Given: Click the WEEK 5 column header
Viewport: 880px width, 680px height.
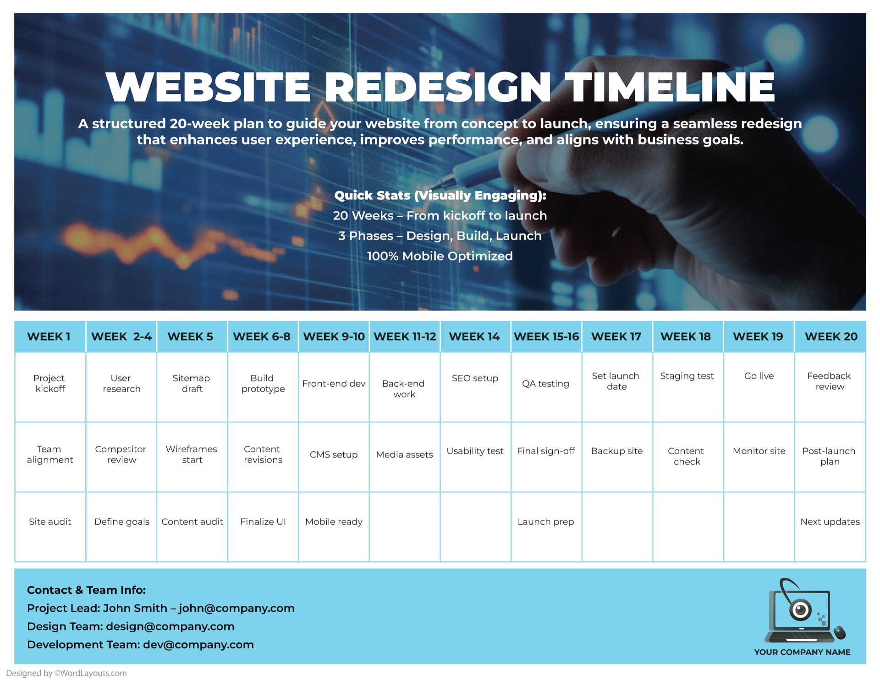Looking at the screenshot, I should click(x=190, y=337).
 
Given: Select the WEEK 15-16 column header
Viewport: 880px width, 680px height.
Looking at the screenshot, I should click(x=546, y=337).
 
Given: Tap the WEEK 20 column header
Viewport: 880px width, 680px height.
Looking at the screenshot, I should click(x=830, y=337).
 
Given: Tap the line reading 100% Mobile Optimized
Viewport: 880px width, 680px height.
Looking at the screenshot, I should click(x=440, y=256).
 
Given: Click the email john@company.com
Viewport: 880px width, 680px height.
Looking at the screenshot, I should click(x=236, y=609).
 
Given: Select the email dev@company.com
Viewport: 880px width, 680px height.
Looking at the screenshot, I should click(x=198, y=645).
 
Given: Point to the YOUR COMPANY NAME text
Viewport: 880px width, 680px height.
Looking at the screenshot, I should click(x=802, y=652).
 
